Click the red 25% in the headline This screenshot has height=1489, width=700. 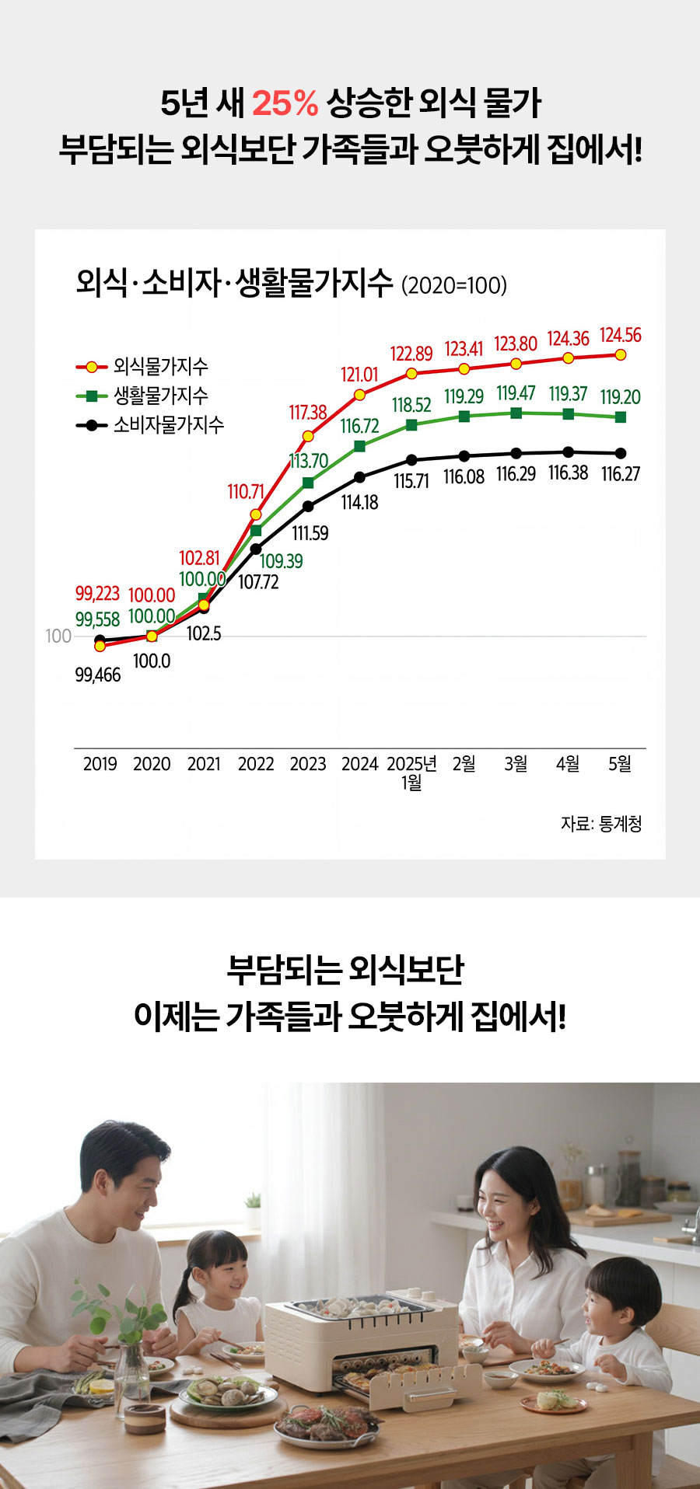[x=285, y=103]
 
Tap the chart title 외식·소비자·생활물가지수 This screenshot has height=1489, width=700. [x=234, y=283]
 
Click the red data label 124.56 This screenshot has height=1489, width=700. [x=621, y=335]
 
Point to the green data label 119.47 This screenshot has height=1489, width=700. [x=516, y=393]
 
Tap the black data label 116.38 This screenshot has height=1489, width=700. [x=569, y=473]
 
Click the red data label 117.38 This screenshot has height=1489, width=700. [x=308, y=412]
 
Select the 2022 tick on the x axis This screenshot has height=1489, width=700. [x=256, y=764]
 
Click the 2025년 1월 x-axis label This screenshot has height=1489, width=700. [x=412, y=772]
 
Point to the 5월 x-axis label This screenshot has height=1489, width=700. [x=620, y=764]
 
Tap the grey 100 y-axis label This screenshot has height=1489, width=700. [x=58, y=636]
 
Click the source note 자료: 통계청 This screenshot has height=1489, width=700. [x=601, y=824]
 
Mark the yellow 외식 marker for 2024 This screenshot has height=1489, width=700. [x=359, y=395]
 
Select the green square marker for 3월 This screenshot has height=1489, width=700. [x=516, y=413]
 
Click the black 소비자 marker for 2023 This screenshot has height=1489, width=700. [x=308, y=506]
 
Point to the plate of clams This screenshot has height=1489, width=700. [x=227, y=1393]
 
